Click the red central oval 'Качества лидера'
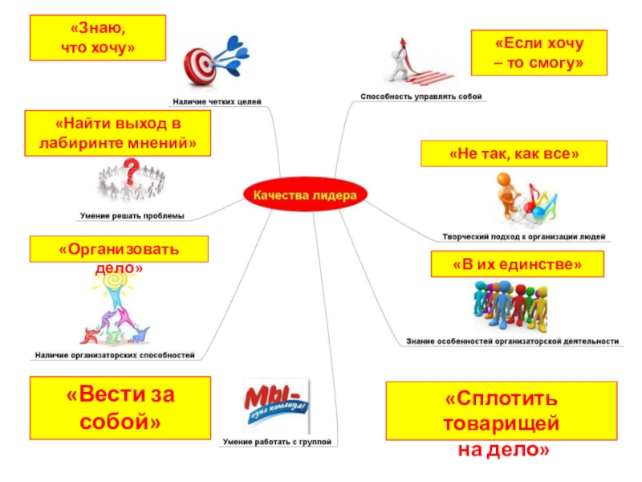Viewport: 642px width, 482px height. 304,194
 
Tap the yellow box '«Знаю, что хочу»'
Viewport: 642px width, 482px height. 98,39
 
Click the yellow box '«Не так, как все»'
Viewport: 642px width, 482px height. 514,153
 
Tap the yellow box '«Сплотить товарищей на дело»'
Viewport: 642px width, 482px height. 503,423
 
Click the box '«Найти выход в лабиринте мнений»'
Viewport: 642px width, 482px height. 118,133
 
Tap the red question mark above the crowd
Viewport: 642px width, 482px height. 132,166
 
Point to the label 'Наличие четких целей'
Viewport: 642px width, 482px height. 217,102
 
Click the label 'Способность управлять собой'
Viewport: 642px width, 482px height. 421,96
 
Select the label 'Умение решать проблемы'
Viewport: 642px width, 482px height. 132,215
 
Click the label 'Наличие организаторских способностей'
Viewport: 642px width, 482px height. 114,354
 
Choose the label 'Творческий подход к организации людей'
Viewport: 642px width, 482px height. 524,237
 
